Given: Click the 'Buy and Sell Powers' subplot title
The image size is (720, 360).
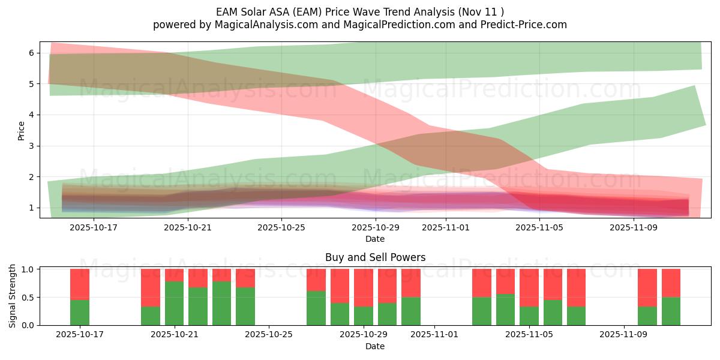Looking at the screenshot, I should click(x=375, y=257).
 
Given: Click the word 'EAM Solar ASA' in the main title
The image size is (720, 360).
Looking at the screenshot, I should click(x=247, y=11).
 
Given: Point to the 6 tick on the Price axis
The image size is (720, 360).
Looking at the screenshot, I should click(x=36, y=53).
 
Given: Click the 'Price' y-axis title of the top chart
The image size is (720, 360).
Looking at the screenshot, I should click(x=21, y=130).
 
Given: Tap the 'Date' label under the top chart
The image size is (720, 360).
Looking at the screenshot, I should click(x=375, y=239).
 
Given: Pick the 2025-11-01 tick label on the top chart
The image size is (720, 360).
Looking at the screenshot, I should click(x=446, y=227).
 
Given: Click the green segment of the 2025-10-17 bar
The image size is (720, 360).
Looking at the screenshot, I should click(x=80, y=313).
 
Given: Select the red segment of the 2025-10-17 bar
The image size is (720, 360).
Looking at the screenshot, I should click(x=80, y=284).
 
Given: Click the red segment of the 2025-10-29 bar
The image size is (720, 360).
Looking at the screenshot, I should click(x=364, y=287).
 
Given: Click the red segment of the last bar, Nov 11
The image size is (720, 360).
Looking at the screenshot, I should click(x=671, y=283).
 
